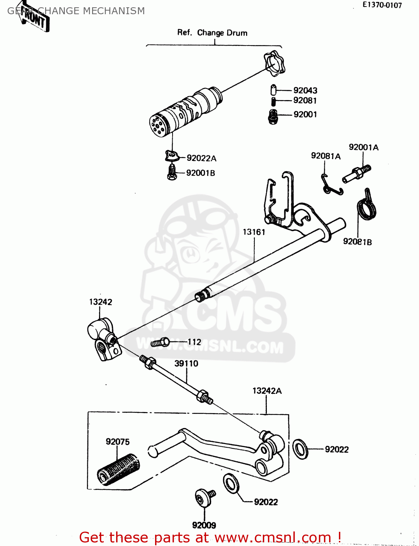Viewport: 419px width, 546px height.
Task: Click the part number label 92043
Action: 305,90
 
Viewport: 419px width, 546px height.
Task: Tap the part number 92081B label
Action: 357,242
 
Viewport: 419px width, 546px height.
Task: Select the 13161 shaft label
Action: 254,232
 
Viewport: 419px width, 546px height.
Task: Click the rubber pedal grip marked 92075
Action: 118,470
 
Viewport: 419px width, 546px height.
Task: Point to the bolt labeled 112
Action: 160,342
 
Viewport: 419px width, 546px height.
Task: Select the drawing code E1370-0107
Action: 382,5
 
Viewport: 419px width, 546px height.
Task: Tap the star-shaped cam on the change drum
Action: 274,64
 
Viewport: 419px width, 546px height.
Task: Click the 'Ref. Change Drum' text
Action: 212,33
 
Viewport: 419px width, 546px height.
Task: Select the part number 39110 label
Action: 186,363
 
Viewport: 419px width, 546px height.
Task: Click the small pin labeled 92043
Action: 274,90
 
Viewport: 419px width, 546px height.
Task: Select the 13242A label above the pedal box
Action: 267,391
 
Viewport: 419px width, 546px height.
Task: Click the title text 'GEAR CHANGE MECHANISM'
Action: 76,11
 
